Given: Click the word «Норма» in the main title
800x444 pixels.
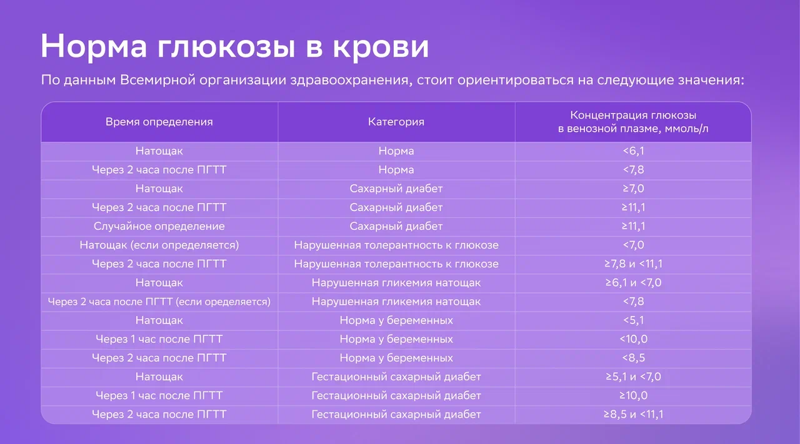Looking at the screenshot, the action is [x=94, y=46].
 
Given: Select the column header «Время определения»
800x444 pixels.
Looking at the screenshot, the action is [x=159, y=122].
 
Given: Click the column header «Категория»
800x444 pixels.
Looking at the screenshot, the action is [x=396, y=122].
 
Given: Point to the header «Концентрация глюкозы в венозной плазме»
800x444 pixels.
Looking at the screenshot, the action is [x=633, y=122].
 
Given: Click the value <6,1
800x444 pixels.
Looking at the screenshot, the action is [x=634, y=151].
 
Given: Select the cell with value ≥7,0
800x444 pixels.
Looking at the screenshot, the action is [x=634, y=189].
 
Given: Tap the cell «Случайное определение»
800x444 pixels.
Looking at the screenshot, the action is [x=159, y=226].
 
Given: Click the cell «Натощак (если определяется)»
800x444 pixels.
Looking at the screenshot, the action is [x=159, y=245].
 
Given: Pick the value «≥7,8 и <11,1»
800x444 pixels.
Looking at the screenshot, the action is [x=634, y=264].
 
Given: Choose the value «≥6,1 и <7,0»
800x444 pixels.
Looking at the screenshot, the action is [x=634, y=283].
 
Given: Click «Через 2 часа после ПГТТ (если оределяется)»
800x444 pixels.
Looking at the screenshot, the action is [x=159, y=302].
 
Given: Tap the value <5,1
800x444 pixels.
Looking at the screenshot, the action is [x=634, y=320].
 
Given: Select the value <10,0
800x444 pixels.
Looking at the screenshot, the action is [x=634, y=339].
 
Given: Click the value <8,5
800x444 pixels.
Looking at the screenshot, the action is [x=634, y=358].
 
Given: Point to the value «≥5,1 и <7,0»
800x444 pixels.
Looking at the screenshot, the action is [x=634, y=377].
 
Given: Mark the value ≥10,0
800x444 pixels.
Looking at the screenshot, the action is [x=634, y=395].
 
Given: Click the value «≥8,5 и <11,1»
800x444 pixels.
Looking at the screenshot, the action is [x=634, y=415].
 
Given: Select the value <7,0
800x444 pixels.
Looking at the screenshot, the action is [x=634, y=245].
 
